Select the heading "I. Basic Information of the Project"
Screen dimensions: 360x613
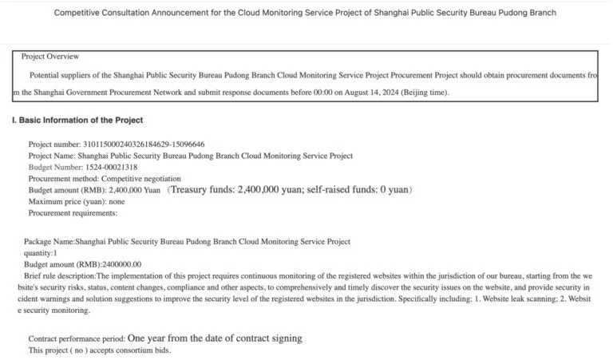coord(77,120)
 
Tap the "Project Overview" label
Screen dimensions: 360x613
coord(50,57)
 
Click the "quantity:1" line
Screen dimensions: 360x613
coord(40,253)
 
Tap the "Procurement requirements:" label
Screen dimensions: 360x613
coord(73,213)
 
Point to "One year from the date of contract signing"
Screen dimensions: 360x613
coord(215,338)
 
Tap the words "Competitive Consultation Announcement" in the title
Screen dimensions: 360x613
coord(124,13)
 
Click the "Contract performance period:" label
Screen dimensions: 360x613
coord(76,339)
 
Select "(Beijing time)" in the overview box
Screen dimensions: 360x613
coord(421,93)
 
